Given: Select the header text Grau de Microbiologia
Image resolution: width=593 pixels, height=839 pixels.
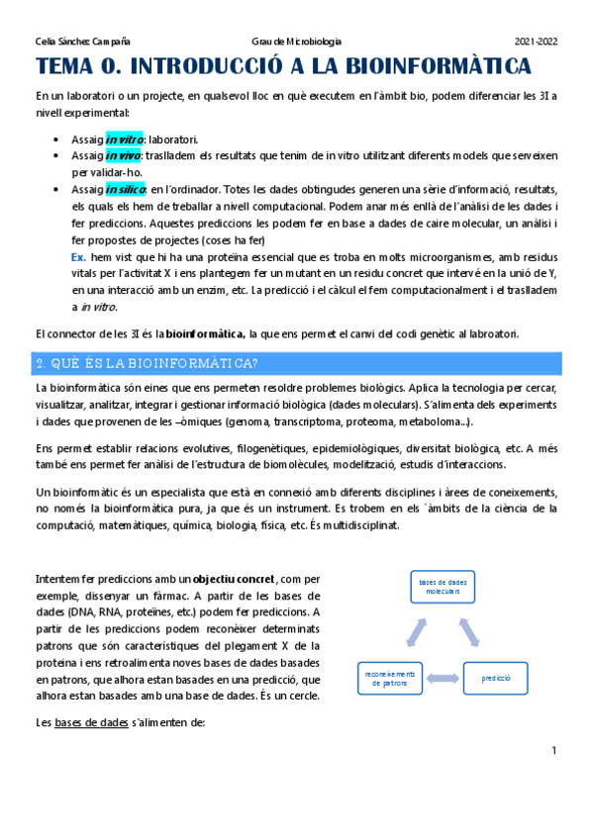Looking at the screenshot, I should [x=297, y=42].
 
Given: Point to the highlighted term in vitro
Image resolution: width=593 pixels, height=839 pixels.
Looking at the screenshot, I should [x=125, y=140].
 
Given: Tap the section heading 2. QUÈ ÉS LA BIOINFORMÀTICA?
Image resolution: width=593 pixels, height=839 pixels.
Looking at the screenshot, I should [x=148, y=363].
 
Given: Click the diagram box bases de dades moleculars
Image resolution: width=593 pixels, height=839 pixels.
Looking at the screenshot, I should [x=442, y=588].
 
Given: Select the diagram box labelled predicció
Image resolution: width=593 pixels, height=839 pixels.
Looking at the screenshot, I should [x=495, y=679].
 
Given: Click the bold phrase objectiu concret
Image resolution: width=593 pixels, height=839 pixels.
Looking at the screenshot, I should [x=235, y=578].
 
